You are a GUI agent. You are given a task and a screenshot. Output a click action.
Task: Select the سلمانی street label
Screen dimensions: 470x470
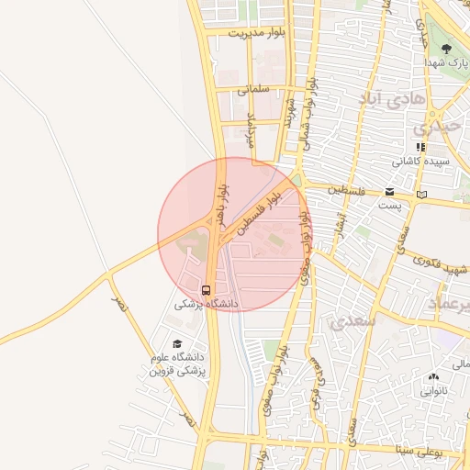[253, 90]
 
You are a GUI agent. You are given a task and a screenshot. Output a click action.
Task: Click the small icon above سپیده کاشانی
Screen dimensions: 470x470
[420, 146]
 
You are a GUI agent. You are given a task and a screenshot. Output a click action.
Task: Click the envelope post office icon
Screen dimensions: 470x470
[390, 193]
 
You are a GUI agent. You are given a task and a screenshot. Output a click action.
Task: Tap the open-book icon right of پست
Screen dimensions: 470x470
[421, 194]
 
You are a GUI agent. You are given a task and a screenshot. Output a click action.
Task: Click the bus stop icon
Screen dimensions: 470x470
[206, 287]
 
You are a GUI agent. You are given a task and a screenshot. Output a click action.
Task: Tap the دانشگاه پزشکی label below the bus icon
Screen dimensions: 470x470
[207, 302]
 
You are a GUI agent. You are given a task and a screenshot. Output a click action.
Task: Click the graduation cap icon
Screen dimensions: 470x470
[176, 344]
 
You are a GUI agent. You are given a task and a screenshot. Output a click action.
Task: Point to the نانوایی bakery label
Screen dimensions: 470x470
[434, 391]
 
